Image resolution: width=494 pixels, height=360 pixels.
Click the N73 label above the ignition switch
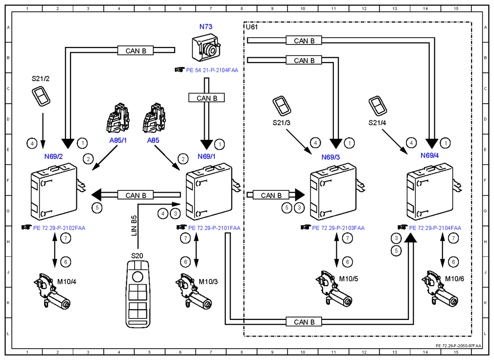point(206,27)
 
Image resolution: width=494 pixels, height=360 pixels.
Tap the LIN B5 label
point(134,225)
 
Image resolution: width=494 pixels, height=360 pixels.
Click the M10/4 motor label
point(67,282)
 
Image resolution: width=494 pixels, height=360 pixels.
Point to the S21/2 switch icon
point(41,96)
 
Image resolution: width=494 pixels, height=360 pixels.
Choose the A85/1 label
point(118,140)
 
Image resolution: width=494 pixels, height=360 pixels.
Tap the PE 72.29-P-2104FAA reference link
point(435,228)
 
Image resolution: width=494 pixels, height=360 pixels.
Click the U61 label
point(252,27)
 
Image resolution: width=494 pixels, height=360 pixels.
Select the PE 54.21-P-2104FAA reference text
point(212,70)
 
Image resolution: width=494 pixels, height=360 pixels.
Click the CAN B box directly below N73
point(207,98)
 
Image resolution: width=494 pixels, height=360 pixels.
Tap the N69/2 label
point(53,157)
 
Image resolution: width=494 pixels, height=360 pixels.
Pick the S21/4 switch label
point(377,123)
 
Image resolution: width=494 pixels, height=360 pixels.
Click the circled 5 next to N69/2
point(97,208)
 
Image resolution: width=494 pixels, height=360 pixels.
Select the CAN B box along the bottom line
point(304,322)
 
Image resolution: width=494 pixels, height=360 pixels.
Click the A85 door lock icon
point(154,118)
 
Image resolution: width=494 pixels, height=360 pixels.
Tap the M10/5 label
point(349,279)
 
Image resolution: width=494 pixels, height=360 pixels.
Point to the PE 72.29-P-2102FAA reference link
point(59,228)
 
